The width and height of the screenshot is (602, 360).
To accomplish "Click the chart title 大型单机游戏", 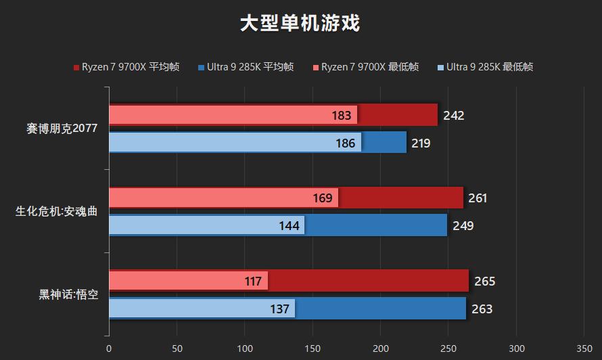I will [x=300, y=24].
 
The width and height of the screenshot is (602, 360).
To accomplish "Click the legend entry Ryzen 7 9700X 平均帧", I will [x=126, y=67].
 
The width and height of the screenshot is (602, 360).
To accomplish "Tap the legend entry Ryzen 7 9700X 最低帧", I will [x=365, y=67].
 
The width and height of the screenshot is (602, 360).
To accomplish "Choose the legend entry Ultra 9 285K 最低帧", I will [x=485, y=67].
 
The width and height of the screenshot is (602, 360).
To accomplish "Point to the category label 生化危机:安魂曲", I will [x=57, y=211].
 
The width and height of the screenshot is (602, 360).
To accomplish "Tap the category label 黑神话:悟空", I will [x=68, y=294].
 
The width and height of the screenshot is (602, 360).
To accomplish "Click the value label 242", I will [x=454, y=116].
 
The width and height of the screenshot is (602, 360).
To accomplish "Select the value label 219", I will [x=420, y=143].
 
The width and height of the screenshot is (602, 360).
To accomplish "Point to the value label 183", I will [x=342, y=116].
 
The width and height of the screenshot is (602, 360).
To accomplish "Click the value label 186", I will [x=346, y=143].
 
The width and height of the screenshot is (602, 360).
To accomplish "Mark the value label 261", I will [x=477, y=198].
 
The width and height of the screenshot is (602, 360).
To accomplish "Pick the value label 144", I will [x=289, y=226].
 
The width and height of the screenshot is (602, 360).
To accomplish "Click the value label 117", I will [x=253, y=282].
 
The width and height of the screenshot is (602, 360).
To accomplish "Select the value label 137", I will [x=279, y=309].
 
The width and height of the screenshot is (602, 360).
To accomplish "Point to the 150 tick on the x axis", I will [x=312, y=349].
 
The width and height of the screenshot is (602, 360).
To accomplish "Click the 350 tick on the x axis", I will [x=584, y=349].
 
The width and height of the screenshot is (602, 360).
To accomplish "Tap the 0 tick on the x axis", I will [x=109, y=349].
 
